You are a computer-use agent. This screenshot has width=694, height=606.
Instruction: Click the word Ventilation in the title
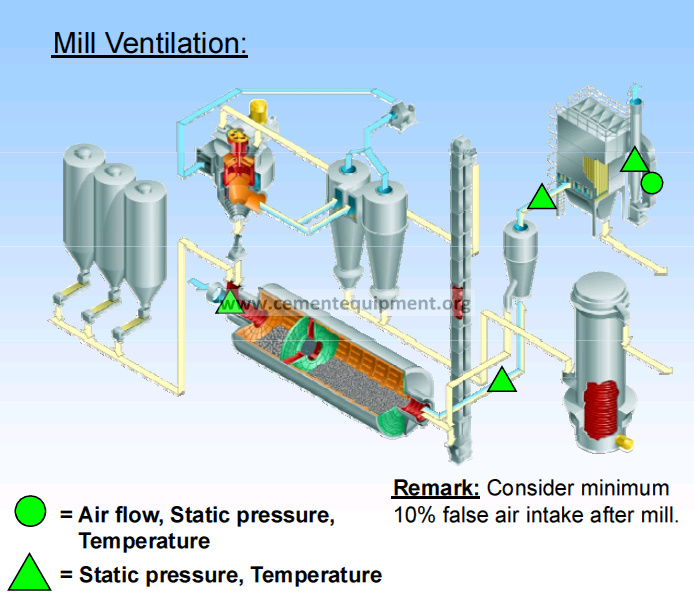(176, 43)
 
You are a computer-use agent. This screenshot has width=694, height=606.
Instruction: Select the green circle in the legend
(30, 511)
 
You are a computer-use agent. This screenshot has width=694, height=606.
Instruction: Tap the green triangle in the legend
(30, 572)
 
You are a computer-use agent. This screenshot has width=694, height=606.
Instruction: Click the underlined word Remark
(436, 488)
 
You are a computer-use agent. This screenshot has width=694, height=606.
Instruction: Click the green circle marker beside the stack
(652, 183)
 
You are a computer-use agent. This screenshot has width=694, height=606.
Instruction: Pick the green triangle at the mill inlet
(230, 302)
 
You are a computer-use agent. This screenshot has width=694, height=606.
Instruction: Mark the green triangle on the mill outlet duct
(502, 379)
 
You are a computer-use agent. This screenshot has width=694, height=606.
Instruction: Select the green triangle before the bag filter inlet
(542, 197)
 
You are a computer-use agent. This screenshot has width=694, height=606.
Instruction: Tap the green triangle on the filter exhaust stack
(635, 159)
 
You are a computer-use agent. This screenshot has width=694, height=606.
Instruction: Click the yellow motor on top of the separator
(258, 110)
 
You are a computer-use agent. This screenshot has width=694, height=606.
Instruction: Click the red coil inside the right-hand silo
(601, 409)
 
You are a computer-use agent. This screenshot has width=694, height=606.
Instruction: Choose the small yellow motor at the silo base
(625, 442)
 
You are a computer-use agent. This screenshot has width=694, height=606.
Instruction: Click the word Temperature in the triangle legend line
(316, 575)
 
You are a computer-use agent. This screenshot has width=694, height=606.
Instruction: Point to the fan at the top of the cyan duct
(402, 115)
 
